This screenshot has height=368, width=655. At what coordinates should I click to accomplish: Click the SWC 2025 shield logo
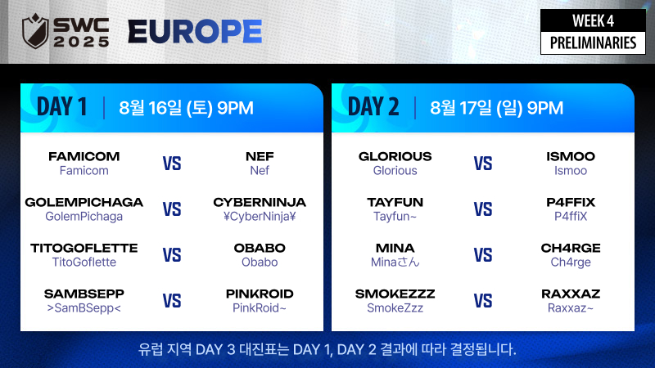pyautogui.click(x=35, y=31)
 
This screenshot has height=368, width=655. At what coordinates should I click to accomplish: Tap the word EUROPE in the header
pyautogui.click(x=195, y=32)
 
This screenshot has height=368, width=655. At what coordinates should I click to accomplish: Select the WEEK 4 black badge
pyautogui.click(x=593, y=20)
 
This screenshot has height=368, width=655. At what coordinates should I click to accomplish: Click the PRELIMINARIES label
pyautogui.click(x=593, y=43)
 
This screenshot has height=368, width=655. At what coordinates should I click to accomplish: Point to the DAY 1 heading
pyautogui.click(x=62, y=107)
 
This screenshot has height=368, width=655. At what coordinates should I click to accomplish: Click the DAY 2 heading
pyautogui.click(x=373, y=107)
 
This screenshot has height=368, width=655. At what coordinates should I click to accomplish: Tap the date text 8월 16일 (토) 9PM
pyautogui.click(x=187, y=108)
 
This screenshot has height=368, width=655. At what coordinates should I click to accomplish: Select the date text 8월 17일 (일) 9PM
pyautogui.click(x=497, y=108)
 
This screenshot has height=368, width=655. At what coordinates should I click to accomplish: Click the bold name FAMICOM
pyautogui.click(x=84, y=156)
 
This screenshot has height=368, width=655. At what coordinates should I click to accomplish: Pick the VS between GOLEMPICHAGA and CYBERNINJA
pyautogui.click(x=172, y=209)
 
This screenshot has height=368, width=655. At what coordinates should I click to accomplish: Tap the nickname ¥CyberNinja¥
pyautogui.click(x=260, y=216)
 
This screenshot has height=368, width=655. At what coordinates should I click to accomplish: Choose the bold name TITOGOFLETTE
pyautogui.click(x=84, y=249)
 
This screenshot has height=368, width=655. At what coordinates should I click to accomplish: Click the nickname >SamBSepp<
pyautogui.click(x=84, y=308)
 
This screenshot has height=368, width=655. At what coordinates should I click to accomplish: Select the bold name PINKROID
pyautogui.click(x=260, y=294)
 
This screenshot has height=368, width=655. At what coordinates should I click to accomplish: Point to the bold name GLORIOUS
pyautogui.click(x=395, y=156)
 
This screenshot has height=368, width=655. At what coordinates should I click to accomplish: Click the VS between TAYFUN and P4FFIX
pyautogui.click(x=483, y=209)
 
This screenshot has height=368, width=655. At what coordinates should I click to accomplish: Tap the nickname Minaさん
pyautogui.click(x=395, y=262)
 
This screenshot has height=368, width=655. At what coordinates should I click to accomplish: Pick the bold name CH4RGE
pyautogui.click(x=571, y=249)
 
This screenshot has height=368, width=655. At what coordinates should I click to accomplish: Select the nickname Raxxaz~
pyautogui.click(x=571, y=308)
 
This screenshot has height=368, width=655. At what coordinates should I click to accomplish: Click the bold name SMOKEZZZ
pyautogui.click(x=395, y=294)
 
